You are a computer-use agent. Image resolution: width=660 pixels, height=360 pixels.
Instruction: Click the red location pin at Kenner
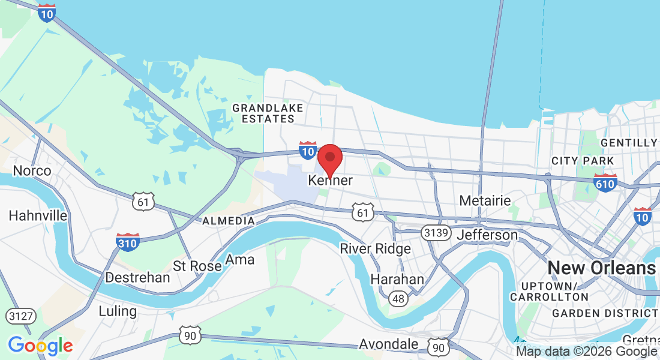coord(329,160)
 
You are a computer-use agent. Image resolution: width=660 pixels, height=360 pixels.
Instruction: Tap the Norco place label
coord(32,171)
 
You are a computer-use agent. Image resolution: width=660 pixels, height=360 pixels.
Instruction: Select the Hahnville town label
coord(32,215)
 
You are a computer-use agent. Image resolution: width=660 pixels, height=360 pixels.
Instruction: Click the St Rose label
coord(197,265)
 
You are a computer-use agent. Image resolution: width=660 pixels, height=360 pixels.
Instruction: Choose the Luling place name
coord(118,311)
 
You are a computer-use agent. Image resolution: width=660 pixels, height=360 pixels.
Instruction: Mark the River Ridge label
coord(376,248)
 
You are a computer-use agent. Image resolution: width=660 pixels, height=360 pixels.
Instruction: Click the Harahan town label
coord(397,280)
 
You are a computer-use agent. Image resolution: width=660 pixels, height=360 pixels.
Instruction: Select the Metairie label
coord(485,200)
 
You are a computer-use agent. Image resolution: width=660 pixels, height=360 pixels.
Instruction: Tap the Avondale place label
coord(389,344)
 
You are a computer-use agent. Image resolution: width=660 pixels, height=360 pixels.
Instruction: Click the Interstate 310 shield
coord(128,242)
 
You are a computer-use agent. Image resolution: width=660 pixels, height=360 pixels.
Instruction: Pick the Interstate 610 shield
coord(605,182)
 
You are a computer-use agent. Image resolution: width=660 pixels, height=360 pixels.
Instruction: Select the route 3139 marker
coord(436,233)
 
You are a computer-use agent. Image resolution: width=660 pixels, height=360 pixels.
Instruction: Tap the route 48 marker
coord(397,298)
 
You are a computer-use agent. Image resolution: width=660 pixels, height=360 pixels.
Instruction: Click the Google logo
coord(40,346)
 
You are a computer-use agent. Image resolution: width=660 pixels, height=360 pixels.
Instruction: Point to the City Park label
coord(583,161)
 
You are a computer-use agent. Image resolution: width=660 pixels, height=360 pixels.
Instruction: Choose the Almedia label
coord(229,221)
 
